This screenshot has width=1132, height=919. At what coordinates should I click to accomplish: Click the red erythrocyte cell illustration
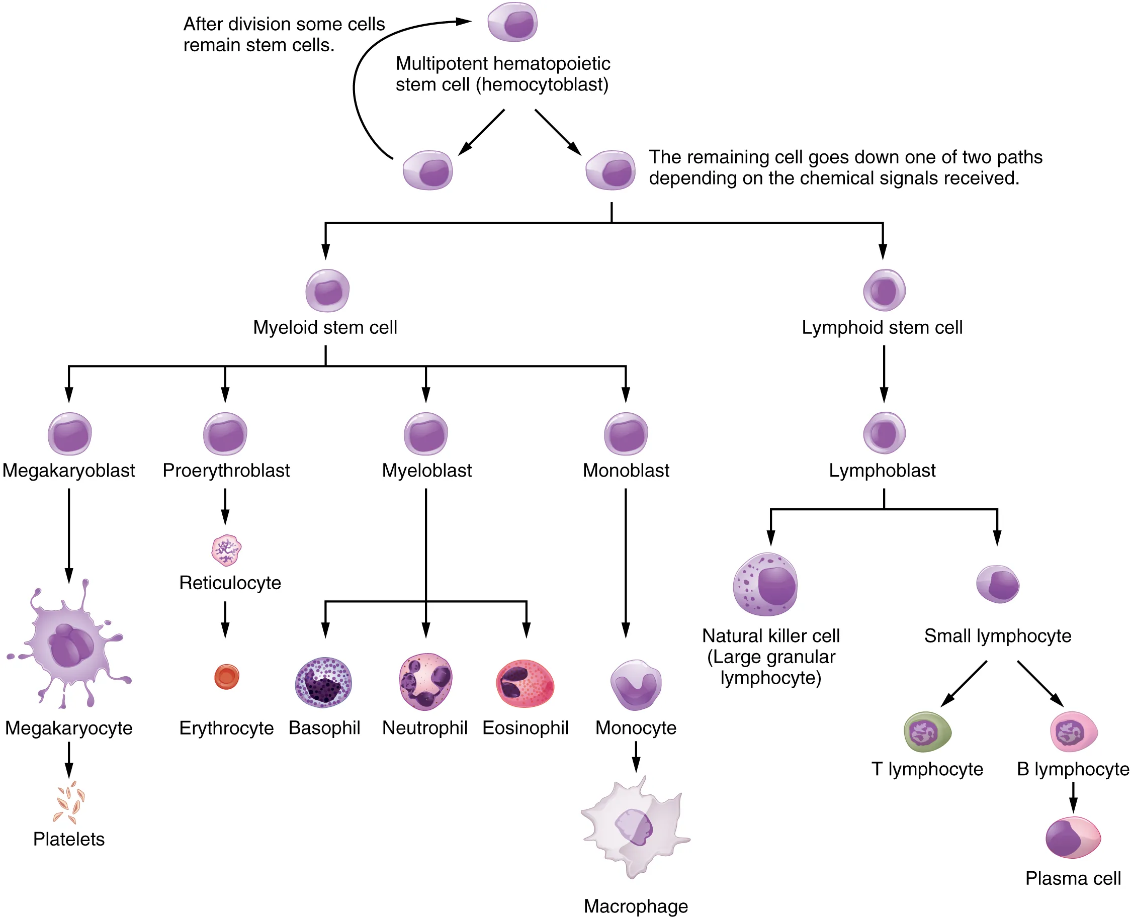pyautogui.click(x=227, y=677)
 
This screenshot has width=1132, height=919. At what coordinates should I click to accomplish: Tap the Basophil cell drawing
pyautogui.click(x=323, y=682)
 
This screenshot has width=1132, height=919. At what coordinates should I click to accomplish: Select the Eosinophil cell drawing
pyautogui.click(x=525, y=683)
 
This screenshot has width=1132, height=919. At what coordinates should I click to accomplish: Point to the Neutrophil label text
pyautogui.click(x=424, y=728)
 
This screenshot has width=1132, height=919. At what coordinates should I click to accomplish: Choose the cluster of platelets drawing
pyautogui.click(x=69, y=801)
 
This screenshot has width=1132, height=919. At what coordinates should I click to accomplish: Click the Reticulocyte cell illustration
pyautogui.click(x=226, y=550)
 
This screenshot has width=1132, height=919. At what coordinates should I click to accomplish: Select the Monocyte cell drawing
pyautogui.click(x=635, y=685)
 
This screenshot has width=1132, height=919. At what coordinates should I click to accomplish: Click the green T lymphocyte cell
pyautogui.click(x=927, y=732)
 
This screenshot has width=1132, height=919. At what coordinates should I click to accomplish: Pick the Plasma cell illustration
pyautogui.click(x=1073, y=838)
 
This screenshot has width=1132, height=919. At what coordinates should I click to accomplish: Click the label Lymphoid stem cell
pyautogui.click(x=882, y=328)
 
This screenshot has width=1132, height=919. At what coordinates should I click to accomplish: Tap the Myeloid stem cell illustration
pyautogui.click(x=327, y=291)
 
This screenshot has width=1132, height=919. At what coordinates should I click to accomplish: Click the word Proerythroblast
pyautogui.click(x=226, y=471)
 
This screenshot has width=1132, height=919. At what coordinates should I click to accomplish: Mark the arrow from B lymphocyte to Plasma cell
pyautogui.click(x=1073, y=797)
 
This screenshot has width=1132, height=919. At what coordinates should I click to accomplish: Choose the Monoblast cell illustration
pyautogui.click(x=626, y=434)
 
